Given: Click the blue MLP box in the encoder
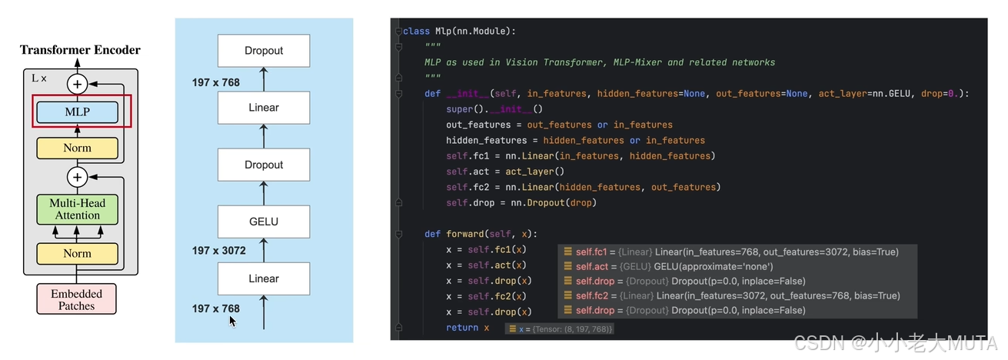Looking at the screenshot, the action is tap(77, 112).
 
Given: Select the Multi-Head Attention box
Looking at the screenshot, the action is tap(77, 209).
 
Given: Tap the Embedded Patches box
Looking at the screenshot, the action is tap(77, 299).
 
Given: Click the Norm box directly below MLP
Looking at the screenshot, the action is tap(77, 148).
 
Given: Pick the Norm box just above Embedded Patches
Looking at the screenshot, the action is tap(77, 253).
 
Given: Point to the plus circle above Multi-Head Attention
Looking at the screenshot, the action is tap(77, 178).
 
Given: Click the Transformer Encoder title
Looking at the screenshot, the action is tap(80, 50).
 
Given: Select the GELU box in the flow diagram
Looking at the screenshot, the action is tap(264, 222).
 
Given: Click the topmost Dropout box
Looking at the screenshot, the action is tap(264, 51).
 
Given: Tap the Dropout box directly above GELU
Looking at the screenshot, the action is tap(264, 165).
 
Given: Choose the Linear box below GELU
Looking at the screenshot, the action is tap(264, 278).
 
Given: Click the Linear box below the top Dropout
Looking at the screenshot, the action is tap(264, 108).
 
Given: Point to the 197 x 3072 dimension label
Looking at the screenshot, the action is tap(218, 251).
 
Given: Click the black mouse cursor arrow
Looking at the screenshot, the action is tap(232, 320).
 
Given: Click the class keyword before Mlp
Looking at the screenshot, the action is tap(415, 31).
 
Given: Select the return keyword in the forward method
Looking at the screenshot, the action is tap(461, 328).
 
